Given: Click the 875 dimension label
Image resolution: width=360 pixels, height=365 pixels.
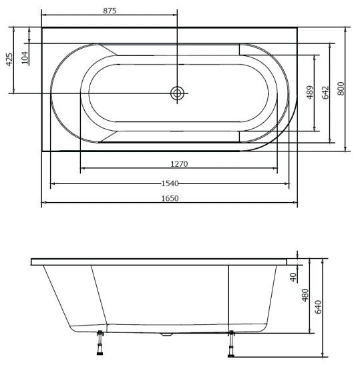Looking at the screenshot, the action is point(110,11).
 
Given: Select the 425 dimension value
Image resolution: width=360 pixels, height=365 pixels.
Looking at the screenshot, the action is point(9,59).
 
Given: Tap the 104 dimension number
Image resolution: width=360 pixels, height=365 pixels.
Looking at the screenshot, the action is point(25,57).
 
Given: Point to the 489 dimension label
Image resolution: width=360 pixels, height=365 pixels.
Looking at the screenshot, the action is point(310,92).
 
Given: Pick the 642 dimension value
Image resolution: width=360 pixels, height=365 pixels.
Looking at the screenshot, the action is point(325,92).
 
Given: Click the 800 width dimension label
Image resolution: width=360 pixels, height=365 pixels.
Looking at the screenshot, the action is point(341,89).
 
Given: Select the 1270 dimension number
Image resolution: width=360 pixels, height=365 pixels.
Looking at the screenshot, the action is point(179,164).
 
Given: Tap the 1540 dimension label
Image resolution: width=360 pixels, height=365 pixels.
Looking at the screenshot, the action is point(170,184).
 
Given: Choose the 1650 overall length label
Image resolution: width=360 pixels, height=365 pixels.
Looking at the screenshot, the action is point(170,199).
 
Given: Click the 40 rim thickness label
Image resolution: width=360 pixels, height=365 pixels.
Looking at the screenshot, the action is point(293,277).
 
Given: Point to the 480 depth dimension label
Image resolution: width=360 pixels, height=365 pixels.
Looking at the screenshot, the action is point(305,295).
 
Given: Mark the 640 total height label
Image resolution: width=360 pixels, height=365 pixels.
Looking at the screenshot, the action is point(318,307).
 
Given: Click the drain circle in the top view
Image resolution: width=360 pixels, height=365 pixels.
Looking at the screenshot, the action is point(177,93).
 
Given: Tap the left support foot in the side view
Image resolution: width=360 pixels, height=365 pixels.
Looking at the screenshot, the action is point(100,342).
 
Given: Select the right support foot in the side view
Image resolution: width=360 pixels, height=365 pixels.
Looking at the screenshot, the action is point(231,344).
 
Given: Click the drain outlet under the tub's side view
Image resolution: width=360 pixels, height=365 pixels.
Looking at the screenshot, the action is point(166,334).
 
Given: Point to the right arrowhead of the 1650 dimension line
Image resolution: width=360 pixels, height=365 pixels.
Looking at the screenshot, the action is point(295,203).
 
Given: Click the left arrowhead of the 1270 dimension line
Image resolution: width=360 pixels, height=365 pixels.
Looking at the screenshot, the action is point(83,168).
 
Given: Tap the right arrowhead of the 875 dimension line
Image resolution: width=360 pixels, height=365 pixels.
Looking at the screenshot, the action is point(175,15).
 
